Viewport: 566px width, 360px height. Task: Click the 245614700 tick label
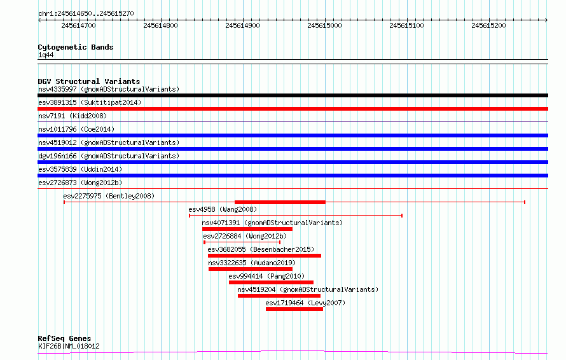(78, 25)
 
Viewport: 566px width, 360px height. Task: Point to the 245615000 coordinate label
(324, 25)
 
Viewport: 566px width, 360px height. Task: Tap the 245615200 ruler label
(489, 25)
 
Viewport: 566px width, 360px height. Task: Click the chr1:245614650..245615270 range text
(86, 13)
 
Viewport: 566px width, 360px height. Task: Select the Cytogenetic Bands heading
(76, 47)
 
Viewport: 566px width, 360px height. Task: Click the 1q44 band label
(46, 55)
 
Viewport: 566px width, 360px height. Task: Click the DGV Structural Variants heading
(89, 81)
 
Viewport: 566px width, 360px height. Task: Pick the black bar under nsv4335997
(293, 95)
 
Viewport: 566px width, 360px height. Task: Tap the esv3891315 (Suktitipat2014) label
(90, 102)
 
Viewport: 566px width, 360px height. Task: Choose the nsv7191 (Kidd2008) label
(72, 116)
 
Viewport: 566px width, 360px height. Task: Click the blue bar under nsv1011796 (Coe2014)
(293, 135)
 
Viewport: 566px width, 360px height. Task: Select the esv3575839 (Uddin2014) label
(80, 169)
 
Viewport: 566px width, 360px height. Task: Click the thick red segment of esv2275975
(280, 202)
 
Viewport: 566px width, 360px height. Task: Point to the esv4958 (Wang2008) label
(223, 209)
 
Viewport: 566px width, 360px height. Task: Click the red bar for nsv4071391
(247, 229)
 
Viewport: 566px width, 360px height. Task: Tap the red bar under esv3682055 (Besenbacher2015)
(265, 256)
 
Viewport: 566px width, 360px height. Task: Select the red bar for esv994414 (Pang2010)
(271, 282)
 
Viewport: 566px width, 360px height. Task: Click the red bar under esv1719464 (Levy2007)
(294, 309)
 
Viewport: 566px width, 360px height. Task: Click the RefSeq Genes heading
(65, 338)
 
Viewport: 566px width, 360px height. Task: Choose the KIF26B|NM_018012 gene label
(69, 346)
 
